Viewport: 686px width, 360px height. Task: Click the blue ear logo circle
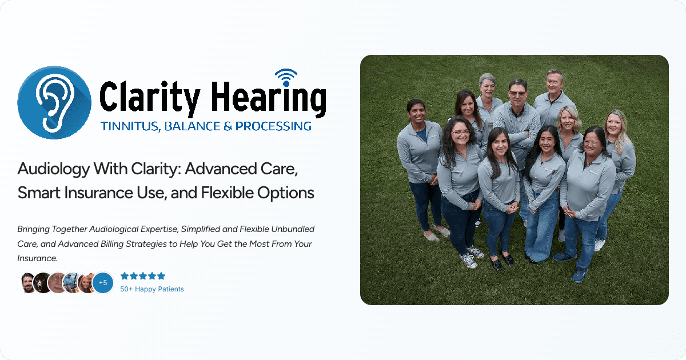point(55,102)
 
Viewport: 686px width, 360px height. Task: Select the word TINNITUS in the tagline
point(126,126)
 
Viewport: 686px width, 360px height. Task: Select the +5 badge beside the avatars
point(103,282)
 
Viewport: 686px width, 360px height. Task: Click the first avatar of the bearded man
point(28,282)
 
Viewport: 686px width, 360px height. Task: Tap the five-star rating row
point(143,276)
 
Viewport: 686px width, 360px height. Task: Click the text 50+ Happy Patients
point(152,289)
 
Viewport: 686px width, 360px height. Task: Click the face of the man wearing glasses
point(517,92)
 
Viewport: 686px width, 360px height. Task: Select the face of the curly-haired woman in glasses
point(461,133)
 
